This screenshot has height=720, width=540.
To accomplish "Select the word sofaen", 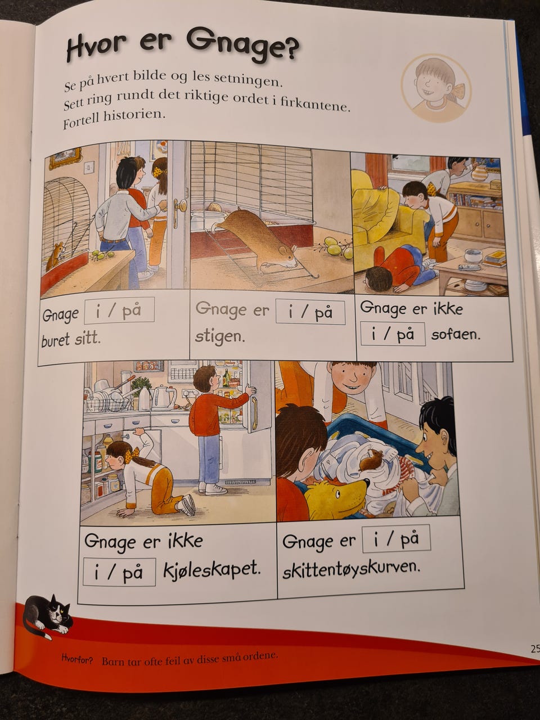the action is click(x=456, y=335).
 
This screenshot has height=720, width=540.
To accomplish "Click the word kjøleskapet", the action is click(x=211, y=571).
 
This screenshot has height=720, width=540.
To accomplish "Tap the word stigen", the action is click(x=220, y=337).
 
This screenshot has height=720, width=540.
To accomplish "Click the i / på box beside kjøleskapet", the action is click(x=119, y=572).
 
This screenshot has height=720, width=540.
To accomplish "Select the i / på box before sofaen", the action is click(x=393, y=334).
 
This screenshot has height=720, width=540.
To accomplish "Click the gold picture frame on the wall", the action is click(x=65, y=158).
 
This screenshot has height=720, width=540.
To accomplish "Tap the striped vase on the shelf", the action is click(x=480, y=173).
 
